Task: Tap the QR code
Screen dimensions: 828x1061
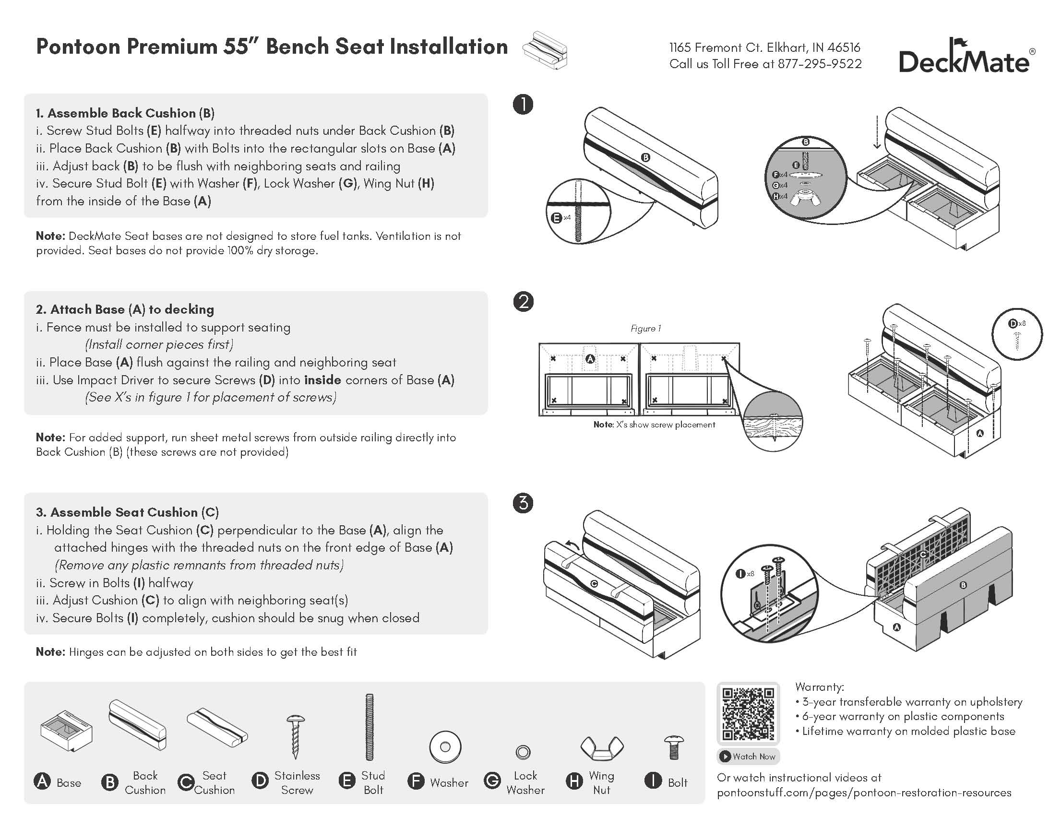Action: click(748, 713)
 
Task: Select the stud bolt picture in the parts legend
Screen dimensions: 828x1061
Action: click(369, 727)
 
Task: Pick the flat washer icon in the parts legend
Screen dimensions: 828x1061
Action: click(445, 747)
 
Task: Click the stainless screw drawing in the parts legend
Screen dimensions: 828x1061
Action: click(296, 736)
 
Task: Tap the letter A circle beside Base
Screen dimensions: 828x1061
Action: click(43, 781)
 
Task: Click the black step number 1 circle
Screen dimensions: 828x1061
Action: click(523, 105)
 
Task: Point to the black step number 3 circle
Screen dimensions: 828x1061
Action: click(523, 503)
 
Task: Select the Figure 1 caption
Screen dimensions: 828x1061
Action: click(645, 329)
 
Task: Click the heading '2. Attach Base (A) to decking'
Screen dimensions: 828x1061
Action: click(125, 309)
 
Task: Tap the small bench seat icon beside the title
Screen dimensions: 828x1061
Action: click(545, 50)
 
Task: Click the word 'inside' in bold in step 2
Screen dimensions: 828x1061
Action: click(322, 380)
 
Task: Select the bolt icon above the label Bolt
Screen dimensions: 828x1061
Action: click(674, 747)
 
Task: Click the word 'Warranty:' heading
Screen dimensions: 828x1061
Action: click(820, 686)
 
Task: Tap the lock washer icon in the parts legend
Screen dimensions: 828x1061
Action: click(523, 752)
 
